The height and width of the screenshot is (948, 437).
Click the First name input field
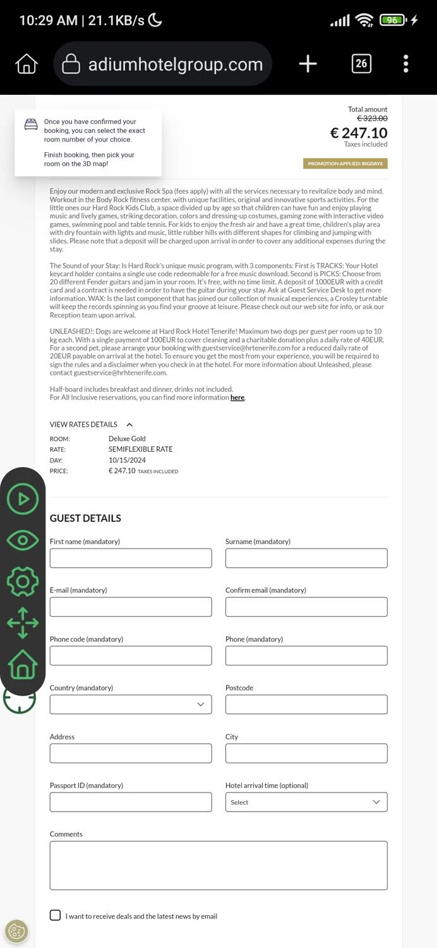131,558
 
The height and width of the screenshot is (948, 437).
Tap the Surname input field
306,558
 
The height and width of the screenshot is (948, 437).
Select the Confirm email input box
306,607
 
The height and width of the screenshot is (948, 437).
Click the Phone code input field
131,655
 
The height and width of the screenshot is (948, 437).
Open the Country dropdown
131,704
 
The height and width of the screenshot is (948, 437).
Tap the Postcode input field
306,704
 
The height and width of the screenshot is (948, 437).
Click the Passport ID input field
131,802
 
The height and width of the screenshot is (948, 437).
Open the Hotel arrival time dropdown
306,802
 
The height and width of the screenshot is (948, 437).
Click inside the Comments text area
218,865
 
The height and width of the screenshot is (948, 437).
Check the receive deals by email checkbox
56,915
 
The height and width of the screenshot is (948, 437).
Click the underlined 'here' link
237,398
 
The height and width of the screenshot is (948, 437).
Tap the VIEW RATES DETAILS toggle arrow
129,425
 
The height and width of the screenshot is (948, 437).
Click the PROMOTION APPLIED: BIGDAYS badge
345,164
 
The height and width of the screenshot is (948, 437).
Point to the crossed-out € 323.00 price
373,118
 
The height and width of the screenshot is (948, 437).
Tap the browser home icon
27,63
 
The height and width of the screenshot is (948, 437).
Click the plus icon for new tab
308,63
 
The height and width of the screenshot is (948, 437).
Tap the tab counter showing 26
361,63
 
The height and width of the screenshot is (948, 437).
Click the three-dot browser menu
405,63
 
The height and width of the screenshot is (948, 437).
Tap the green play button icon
23,499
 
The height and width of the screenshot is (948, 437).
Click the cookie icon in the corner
16,931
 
